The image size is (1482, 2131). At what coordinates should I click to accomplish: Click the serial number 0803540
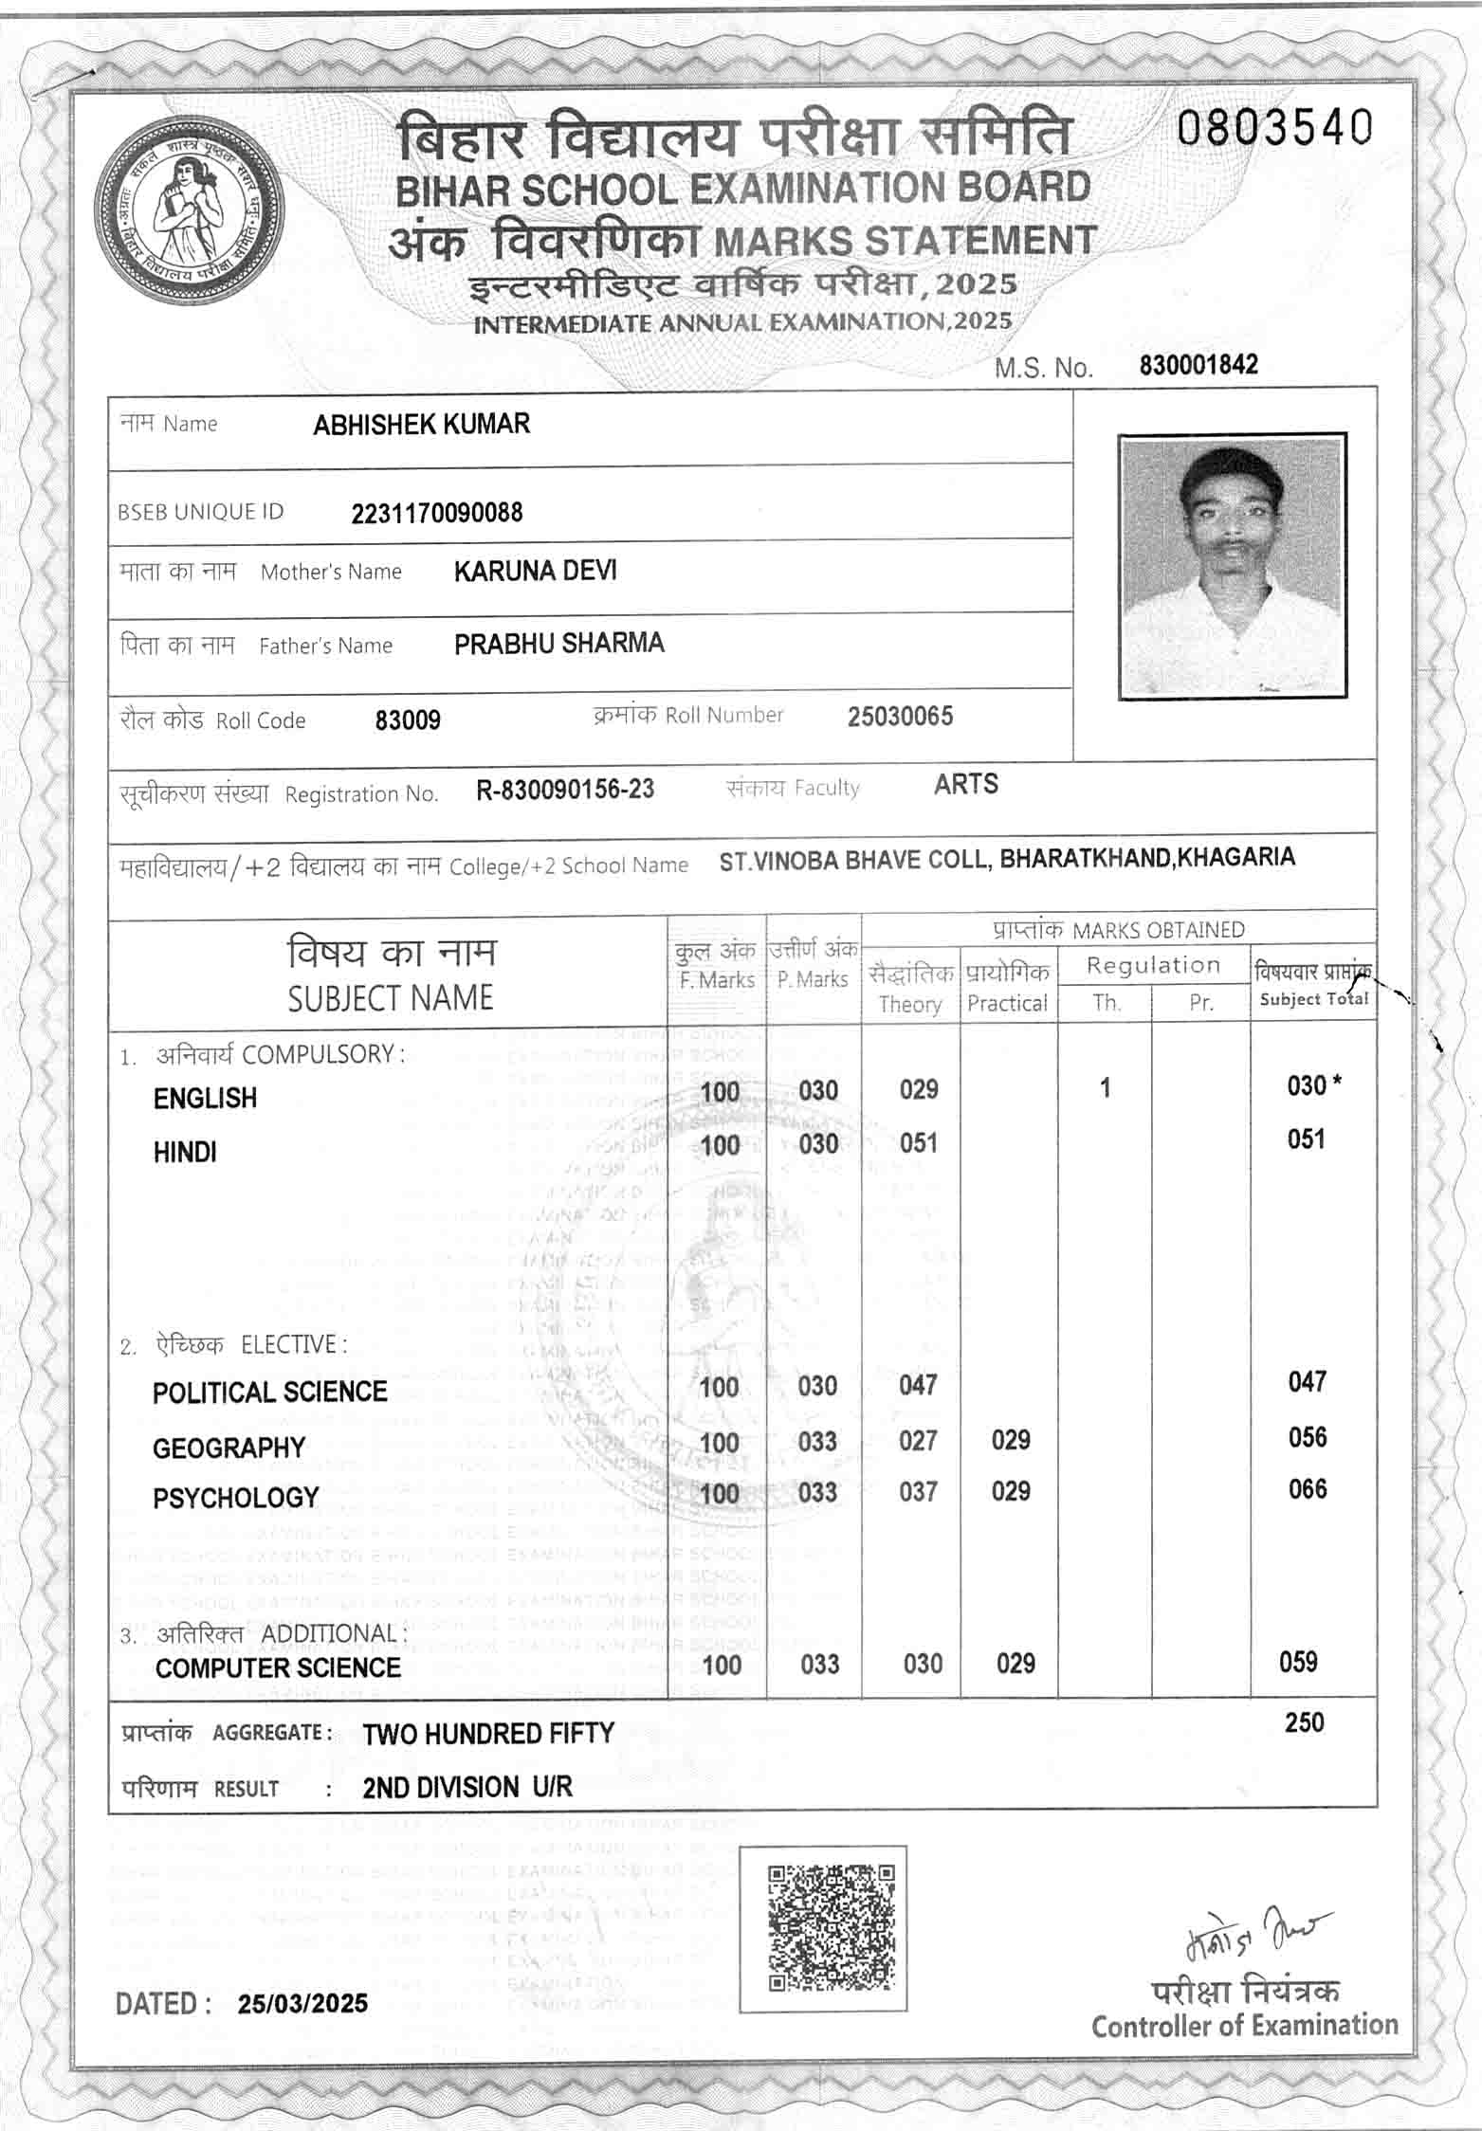pos(1274,128)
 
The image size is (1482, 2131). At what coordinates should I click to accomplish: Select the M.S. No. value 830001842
pos(1198,365)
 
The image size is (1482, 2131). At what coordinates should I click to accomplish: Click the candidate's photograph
pos(1232,567)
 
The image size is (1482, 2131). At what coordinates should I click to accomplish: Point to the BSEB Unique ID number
pos(436,513)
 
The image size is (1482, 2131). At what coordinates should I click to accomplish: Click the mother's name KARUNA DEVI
pos(535,571)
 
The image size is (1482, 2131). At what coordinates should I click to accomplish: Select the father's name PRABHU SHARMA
pos(558,644)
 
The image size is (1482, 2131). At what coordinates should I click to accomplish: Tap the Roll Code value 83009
pos(408,720)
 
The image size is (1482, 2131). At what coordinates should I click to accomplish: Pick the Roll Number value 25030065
pos(900,716)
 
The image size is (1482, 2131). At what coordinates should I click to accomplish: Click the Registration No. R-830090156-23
pos(565,790)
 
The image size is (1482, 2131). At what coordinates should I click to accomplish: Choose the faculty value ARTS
pos(965,784)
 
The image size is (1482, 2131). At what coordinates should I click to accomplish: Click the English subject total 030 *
pos(1313,1085)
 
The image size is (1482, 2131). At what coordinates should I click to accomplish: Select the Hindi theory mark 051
pos(919,1142)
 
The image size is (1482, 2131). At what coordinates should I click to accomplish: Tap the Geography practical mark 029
pos(1011,1440)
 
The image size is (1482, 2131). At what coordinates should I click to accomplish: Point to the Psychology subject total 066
pos(1307,1488)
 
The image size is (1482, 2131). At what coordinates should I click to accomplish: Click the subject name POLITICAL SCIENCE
pos(270,1392)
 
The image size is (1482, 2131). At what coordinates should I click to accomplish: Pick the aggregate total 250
pos(1304,1722)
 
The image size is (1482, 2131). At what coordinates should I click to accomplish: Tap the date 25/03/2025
pos(302,2003)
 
